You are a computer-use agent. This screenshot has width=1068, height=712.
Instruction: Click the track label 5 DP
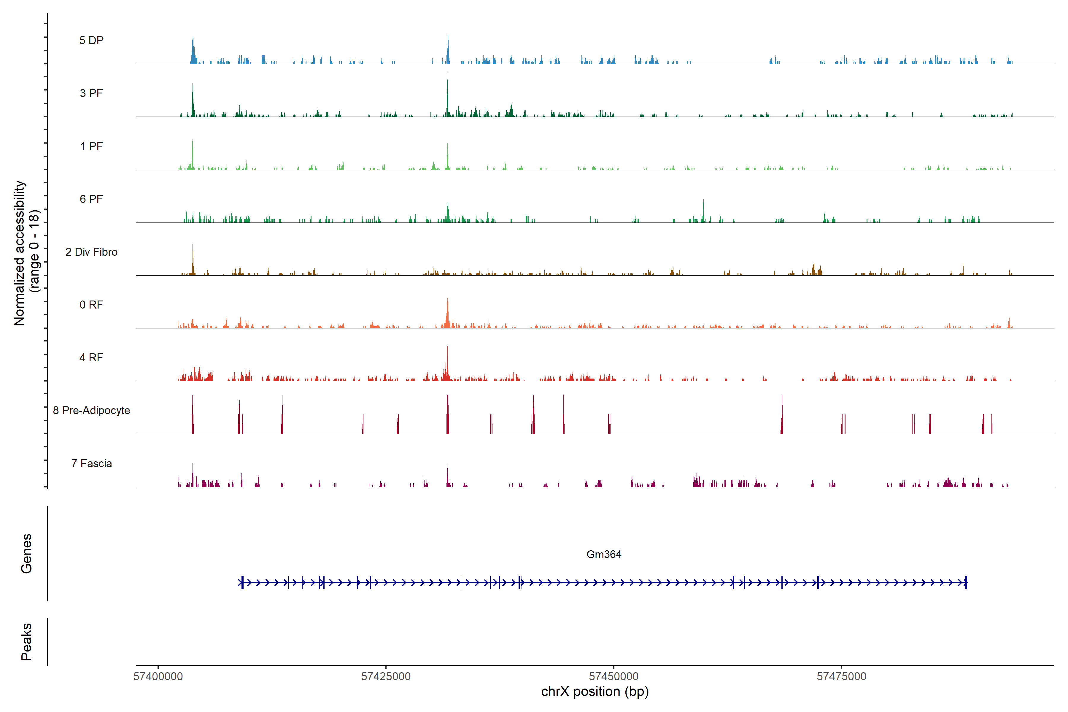[91, 40]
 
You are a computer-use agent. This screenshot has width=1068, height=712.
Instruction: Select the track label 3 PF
[91, 93]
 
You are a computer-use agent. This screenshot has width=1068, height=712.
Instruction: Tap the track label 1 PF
[91, 146]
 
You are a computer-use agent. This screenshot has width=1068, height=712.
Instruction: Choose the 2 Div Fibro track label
[91, 252]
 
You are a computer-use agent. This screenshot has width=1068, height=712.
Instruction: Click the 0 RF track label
[91, 305]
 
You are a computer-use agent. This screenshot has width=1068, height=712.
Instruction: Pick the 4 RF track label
[91, 357]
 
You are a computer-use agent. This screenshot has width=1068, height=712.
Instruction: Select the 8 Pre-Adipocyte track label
[91, 411]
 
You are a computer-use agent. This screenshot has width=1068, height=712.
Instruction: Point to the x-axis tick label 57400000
[158, 677]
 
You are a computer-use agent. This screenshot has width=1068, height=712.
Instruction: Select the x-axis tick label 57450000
[614, 677]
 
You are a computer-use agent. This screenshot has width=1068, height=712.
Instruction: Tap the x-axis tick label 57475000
[841, 677]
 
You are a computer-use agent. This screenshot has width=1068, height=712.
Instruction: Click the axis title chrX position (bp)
[595, 692]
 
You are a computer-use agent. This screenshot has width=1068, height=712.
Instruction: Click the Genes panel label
[26, 554]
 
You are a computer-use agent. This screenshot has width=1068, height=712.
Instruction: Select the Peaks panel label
[26, 642]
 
